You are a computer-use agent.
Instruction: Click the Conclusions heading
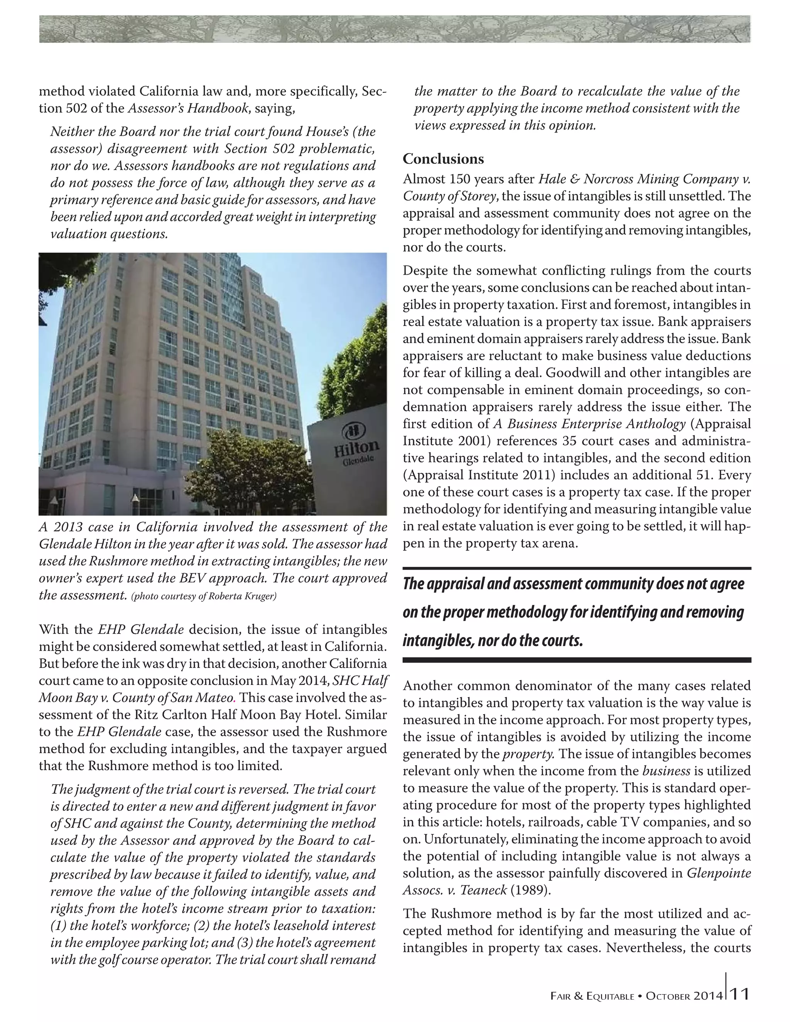[x=443, y=159]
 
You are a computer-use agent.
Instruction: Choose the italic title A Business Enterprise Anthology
[x=589, y=424]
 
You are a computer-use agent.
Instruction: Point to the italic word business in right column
[x=667, y=771]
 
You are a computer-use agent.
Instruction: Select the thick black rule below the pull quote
[x=577, y=660]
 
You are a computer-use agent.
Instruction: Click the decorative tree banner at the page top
[x=395, y=29]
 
